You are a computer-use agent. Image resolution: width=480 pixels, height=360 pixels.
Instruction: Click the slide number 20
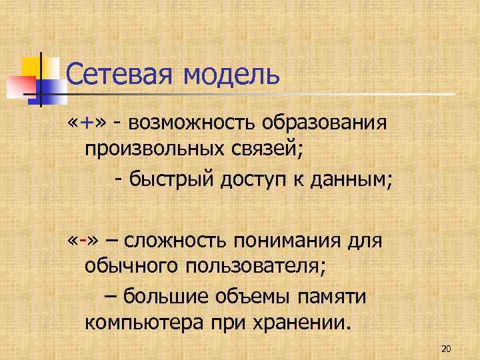tap(447, 349)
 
